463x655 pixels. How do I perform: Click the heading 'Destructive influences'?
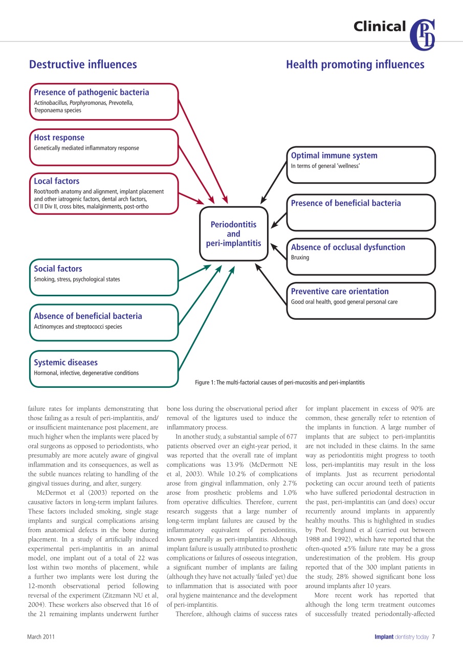(83, 64)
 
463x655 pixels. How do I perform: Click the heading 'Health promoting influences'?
(355, 64)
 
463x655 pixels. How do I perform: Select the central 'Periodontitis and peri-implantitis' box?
(233, 234)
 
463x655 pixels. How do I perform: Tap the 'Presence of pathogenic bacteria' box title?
(92, 93)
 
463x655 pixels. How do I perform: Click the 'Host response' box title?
(59, 138)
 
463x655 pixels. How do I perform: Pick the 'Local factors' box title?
(56, 181)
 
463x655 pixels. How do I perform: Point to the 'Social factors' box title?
(58, 269)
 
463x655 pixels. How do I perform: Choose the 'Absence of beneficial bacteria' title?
(88, 316)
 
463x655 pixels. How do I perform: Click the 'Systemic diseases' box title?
(65, 362)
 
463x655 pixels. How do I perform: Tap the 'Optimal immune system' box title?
(334, 156)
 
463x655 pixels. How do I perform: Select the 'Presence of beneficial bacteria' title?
(346, 203)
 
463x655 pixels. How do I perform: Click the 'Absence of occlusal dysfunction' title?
(348, 247)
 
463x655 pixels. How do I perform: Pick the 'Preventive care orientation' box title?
(340, 291)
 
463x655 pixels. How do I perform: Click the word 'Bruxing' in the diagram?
(300, 257)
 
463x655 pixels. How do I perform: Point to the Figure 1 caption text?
(280, 382)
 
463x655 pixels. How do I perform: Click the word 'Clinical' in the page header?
(380, 26)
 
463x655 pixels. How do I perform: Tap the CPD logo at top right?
(423, 34)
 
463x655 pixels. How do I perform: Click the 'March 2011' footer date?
(41, 637)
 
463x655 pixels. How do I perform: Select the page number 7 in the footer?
(433, 637)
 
